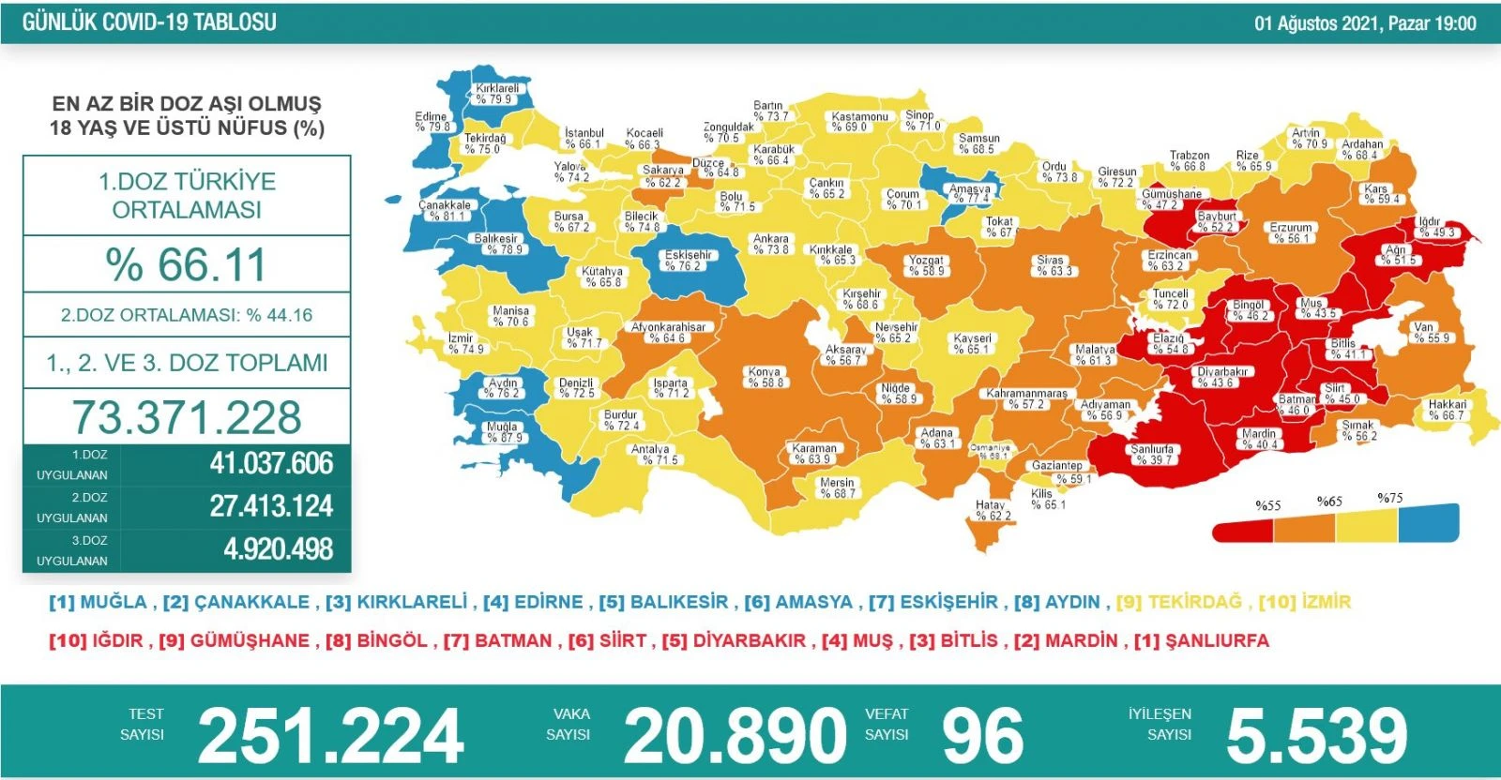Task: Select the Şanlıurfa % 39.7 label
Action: point(1152,455)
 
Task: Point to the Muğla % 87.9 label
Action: point(504,432)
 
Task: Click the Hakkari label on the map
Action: point(1447,410)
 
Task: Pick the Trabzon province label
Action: point(1189,160)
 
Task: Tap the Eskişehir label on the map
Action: point(688,260)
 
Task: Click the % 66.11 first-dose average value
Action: point(187,264)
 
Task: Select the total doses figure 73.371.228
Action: point(187,417)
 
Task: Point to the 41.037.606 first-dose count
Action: point(271,463)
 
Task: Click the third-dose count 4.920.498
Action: point(278,548)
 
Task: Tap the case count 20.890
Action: point(735,736)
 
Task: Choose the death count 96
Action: point(982,736)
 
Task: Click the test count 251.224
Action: point(330,736)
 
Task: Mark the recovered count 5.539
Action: point(1316,736)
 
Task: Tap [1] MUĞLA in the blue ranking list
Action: point(98,602)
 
